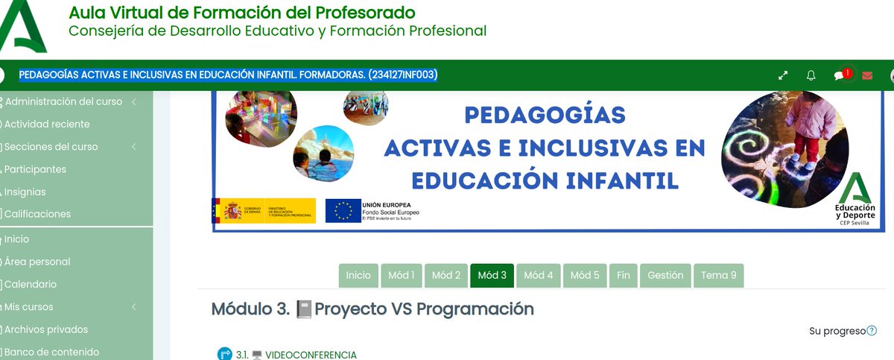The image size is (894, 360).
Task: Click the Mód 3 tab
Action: (492, 275)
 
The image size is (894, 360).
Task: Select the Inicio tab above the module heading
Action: (358, 275)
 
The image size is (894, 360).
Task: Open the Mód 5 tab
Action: (585, 275)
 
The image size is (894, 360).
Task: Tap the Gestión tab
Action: (665, 275)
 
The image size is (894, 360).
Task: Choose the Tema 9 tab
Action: (718, 275)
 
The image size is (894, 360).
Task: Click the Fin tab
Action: (624, 275)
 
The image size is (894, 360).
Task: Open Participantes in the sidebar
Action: (35, 169)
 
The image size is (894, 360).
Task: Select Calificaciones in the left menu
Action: (37, 214)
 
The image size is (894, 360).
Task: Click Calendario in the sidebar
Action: (31, 284)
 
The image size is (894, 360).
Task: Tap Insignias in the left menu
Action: (25, 192)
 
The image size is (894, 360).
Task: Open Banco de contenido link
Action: (51, 352)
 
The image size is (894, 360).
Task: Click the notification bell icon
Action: (811, 75)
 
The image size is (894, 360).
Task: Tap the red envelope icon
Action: (867, 75)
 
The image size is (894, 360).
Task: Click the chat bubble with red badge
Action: (840, 75)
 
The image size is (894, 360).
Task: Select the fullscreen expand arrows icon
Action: (783, 75)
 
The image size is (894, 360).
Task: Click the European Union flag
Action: (343, 211)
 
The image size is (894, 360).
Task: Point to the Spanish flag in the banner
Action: (227, 211)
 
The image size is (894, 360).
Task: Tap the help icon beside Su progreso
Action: (872, 331)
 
